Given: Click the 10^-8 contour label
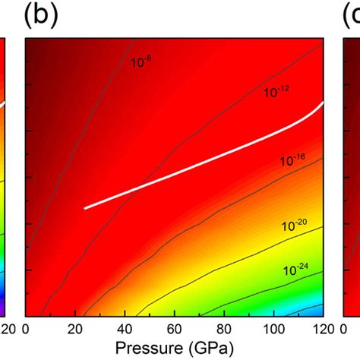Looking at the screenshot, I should (141, 60).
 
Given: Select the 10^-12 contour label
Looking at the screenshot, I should (277, 93).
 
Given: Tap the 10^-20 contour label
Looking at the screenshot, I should (296, 226).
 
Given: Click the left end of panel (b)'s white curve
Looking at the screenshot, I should (84, 207).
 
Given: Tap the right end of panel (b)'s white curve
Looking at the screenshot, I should (324, 102).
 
